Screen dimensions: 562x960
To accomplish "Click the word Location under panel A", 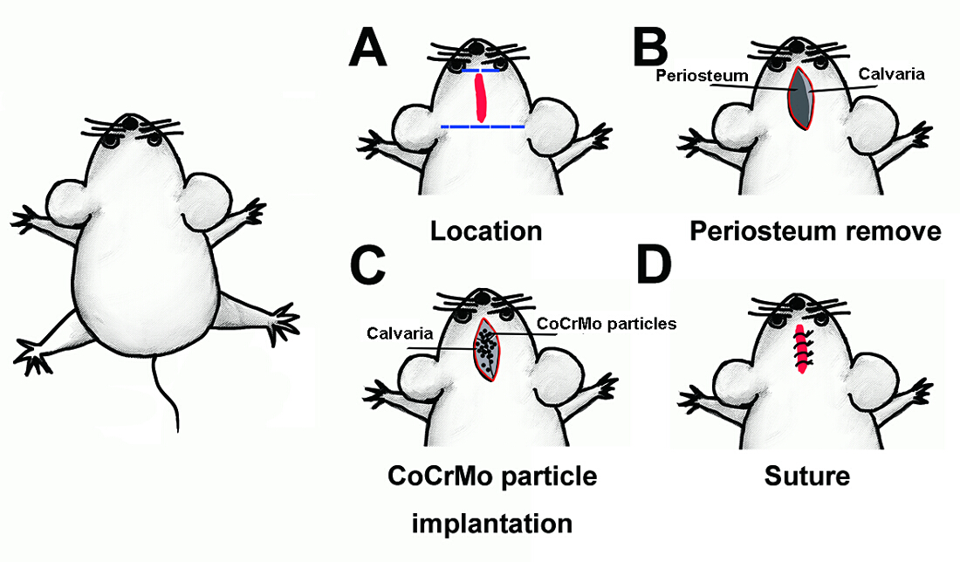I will click(485, 230).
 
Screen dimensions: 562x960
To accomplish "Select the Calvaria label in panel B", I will click(889, 74).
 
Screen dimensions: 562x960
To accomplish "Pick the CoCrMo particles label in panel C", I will click(607, 324).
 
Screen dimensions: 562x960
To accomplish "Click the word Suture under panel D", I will click(806, 476).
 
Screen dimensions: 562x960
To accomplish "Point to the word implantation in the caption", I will click(492, 524).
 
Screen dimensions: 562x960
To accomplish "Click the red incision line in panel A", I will click(480, 97).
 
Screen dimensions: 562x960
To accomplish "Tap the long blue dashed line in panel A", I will click(483, 127).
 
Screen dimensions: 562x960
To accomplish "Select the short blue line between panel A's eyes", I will click(480, 71).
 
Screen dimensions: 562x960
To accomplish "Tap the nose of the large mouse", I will click(131, 119).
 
